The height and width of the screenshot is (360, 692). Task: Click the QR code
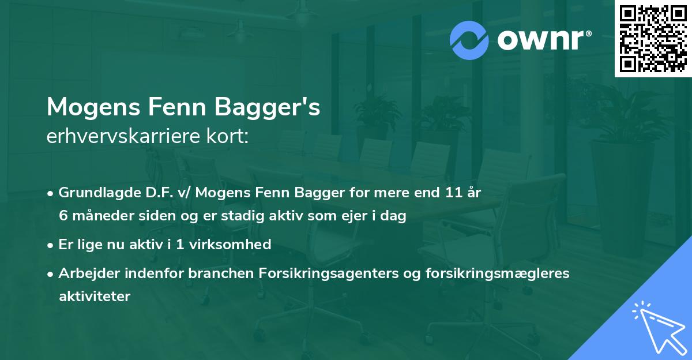tap(652, 38)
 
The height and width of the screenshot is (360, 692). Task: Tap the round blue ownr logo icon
tap(469, 40)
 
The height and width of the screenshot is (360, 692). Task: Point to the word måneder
tap(100, 216)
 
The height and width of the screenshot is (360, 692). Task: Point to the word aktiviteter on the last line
tap(94, 297)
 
